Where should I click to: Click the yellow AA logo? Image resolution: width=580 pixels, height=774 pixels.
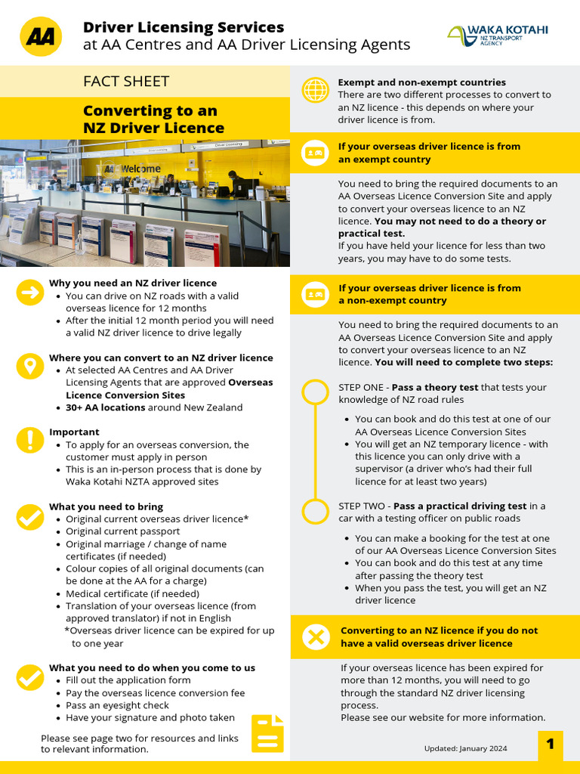(41, 36)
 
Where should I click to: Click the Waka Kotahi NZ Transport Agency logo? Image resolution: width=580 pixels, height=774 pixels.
(498, 35)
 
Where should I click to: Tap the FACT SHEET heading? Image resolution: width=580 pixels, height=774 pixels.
(126, 82)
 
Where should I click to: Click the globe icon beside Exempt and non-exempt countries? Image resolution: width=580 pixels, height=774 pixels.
(314, 89)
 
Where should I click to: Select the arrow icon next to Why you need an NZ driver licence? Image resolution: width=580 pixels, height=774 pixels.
(29, 294)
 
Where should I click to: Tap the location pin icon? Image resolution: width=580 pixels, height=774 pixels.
(29, 367)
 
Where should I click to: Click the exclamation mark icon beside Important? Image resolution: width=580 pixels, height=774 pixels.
(29, 441)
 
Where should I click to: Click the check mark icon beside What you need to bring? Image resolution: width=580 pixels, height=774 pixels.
(29, 517)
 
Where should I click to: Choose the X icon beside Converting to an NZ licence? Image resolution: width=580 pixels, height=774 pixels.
(316, 637)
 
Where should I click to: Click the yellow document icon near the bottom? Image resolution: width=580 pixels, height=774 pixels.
(267, 733)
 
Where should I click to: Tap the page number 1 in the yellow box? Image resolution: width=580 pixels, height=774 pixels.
(551, 744)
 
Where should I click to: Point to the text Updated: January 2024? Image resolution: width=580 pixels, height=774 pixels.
(466, 748)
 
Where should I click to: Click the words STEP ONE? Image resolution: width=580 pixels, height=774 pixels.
(363, 387)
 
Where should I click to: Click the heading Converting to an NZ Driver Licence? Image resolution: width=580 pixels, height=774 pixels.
(153, 119)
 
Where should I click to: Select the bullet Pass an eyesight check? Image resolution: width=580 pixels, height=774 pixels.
(117, 705)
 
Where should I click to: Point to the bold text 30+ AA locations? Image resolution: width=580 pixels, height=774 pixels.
(105, 407)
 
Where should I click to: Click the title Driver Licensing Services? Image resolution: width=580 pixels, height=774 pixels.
(184, 27)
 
